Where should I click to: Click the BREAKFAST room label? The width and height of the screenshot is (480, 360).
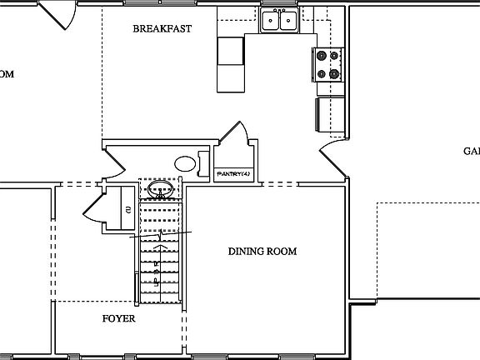point(162,28)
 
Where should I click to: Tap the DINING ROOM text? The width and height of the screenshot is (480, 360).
point(262,252)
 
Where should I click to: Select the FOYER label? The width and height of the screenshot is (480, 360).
point(118,318)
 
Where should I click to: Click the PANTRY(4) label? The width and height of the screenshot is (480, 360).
point(232,173)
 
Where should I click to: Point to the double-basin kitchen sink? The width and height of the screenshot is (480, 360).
point(279,21)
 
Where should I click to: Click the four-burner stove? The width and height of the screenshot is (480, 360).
point(326,64)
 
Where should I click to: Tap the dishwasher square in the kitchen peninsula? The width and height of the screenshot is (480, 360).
point(231,52)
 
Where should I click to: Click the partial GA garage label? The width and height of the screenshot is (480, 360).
point(471,151)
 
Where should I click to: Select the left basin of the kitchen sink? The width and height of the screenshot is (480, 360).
point(271,22)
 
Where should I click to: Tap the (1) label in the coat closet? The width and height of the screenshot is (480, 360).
point(127,209)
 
